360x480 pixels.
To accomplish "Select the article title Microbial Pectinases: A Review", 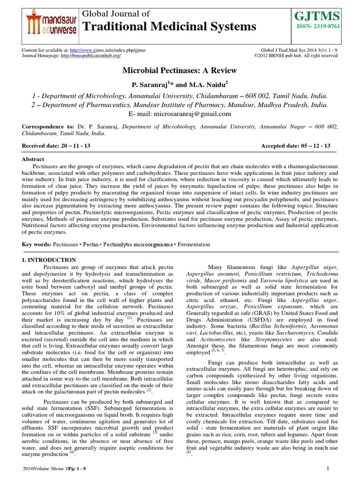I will (x=180, y=71).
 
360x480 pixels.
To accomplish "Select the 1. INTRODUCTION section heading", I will (x=49, y=260).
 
